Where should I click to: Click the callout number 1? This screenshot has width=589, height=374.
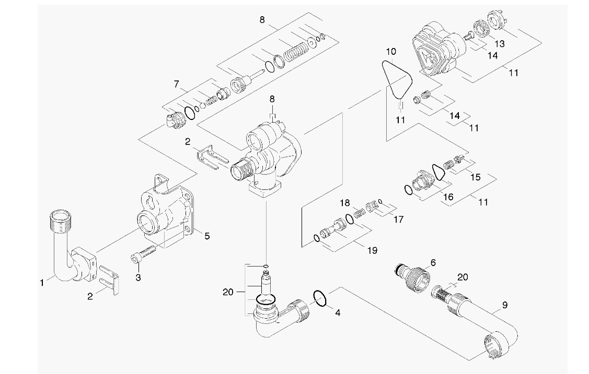coord(42,283)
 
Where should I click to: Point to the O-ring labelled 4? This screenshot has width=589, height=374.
coord(320,298)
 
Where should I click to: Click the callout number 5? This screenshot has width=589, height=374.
coord(207,236)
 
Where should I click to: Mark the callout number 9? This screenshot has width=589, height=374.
coord(504,305)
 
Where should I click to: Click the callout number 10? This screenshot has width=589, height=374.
coord(391,52)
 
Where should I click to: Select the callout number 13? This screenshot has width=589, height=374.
coord(500,43)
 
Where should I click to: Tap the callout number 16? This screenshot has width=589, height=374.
coord(448,198)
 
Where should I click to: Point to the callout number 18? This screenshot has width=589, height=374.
coord(344,202)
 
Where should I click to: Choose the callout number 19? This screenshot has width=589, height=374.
coord(372,250)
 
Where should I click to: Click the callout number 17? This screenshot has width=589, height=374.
coord(398,220)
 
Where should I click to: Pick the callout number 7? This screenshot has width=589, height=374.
coord(177,83)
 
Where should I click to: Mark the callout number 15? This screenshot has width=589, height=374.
coord(475,177)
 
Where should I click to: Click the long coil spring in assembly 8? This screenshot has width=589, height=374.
coord(296,54)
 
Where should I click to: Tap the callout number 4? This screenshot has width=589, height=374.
coord(338,313)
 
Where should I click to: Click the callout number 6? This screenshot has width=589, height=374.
coord(432,262)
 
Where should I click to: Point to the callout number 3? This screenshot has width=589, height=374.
coord(138,278)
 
